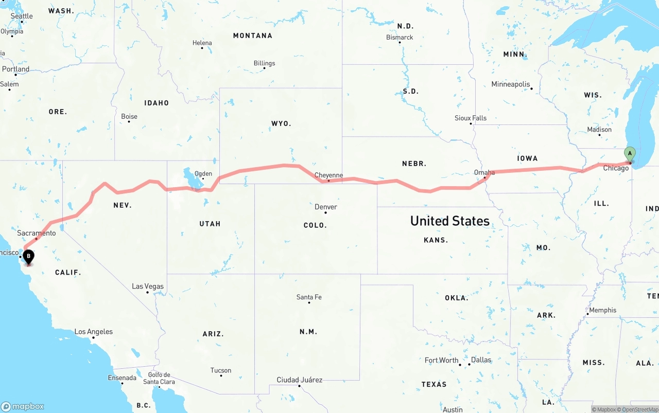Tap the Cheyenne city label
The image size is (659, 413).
point(328,175)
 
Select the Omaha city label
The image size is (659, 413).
point(484,173)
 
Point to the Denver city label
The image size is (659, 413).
point(326,207)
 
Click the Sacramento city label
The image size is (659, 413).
point(36,233)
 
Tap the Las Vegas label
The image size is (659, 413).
point(148,286)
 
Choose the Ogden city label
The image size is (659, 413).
point(203,173)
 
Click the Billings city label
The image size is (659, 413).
point(264,63)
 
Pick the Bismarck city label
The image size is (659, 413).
point(400,37)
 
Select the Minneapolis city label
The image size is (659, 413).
point(510,84)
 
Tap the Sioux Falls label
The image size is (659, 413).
point(470,118)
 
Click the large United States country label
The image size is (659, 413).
point(449,221)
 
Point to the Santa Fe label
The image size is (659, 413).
point(309,297)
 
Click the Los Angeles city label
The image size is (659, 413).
point(94,332)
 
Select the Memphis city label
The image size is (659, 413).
point(602,310)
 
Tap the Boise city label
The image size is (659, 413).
point(129,116)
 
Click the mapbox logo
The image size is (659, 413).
point(23,406)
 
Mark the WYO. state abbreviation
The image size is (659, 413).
point(281,123)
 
